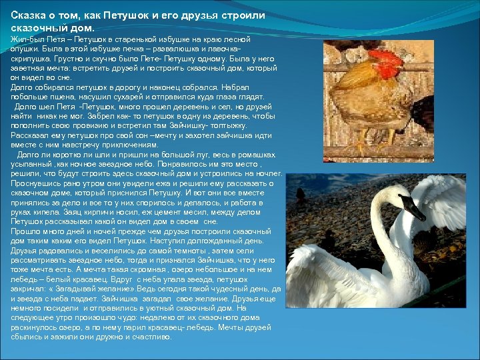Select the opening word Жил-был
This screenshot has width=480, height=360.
[x=25, y=41]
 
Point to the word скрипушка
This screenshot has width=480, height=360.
[x=31, y=58]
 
